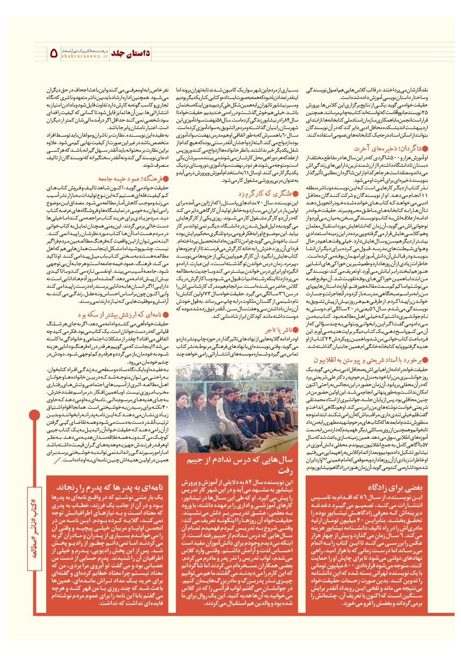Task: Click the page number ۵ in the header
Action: click(54, 53)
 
